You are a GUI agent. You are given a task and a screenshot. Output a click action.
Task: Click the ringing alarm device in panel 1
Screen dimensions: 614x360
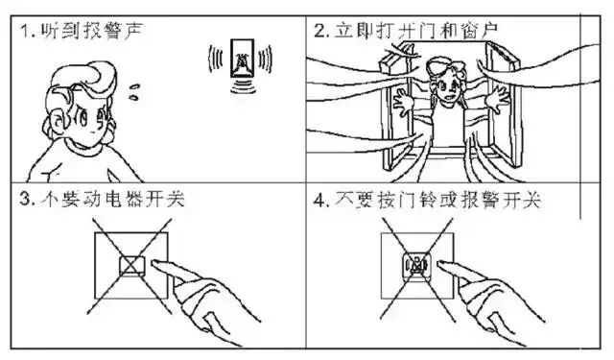(x=242, y=59)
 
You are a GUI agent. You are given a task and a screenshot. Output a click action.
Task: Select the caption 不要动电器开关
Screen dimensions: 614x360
(x=112, y=199)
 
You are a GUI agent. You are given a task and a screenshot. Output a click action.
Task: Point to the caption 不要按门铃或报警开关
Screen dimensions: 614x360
(x=437, y=200)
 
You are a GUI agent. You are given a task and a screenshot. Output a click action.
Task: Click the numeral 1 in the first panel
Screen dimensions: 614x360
(x=25, y=31)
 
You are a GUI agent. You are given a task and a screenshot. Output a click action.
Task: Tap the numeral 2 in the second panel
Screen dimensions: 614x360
(x=319, y=31)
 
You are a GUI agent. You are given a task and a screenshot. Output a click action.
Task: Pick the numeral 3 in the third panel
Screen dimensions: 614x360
(x=26, y=200)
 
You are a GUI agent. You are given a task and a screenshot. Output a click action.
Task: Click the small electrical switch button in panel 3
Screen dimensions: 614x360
(x=132, y=265)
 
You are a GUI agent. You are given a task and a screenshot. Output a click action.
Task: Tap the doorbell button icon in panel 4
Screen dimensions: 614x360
(x=417, y=266)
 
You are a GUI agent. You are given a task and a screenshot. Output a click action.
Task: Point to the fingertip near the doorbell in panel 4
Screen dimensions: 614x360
(x=440, y=264)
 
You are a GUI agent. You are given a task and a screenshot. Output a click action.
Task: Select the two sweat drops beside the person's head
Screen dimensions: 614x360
(x=134, y=91)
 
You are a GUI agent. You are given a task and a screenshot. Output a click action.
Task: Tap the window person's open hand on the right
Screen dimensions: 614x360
(x=497, y=100)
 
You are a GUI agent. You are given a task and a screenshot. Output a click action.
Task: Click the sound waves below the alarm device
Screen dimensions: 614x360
(x=243, y=85)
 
